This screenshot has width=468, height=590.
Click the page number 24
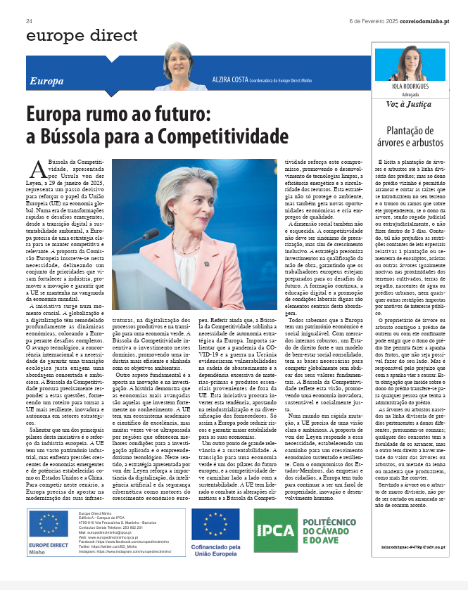click(x=30, y=20)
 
